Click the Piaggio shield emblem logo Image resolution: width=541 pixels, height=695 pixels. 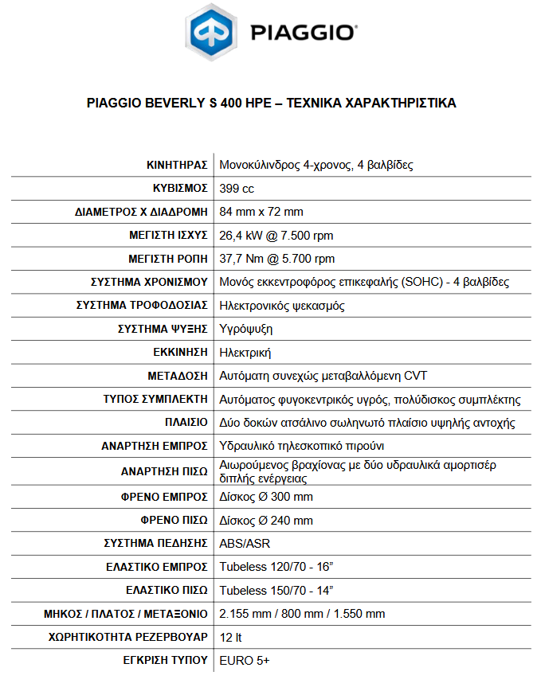point(211,33)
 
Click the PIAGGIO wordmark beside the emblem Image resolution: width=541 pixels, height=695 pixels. point(303,33)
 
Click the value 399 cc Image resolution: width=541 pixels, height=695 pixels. point(237,189)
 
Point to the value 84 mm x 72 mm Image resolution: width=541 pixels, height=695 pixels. point(261,212)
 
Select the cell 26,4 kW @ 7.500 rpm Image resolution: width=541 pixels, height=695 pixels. point(276,236)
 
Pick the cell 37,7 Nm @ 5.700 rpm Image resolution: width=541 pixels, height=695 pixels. point(276,259)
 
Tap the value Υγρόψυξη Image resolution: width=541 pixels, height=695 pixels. point(245,329)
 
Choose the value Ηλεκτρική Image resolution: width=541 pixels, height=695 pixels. point(245,353)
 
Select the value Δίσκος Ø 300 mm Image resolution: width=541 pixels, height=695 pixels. point(266,497)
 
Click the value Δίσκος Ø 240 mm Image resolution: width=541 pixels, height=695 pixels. point(266,521)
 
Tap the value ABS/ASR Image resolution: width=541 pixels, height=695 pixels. point(244,544)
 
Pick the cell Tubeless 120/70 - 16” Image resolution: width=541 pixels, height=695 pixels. point(276,568)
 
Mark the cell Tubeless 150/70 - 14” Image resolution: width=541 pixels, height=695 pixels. point(276,591)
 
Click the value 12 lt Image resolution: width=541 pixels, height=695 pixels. point(232,638)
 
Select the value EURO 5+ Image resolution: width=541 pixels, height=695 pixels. point(245,661)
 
